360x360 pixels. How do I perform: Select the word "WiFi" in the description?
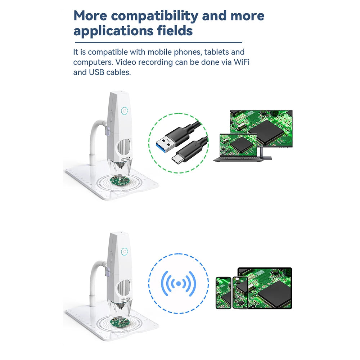tap(242, 62)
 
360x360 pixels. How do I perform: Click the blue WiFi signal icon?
tap(178, 284)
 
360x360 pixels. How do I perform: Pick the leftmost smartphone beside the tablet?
tap(224, 292)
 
